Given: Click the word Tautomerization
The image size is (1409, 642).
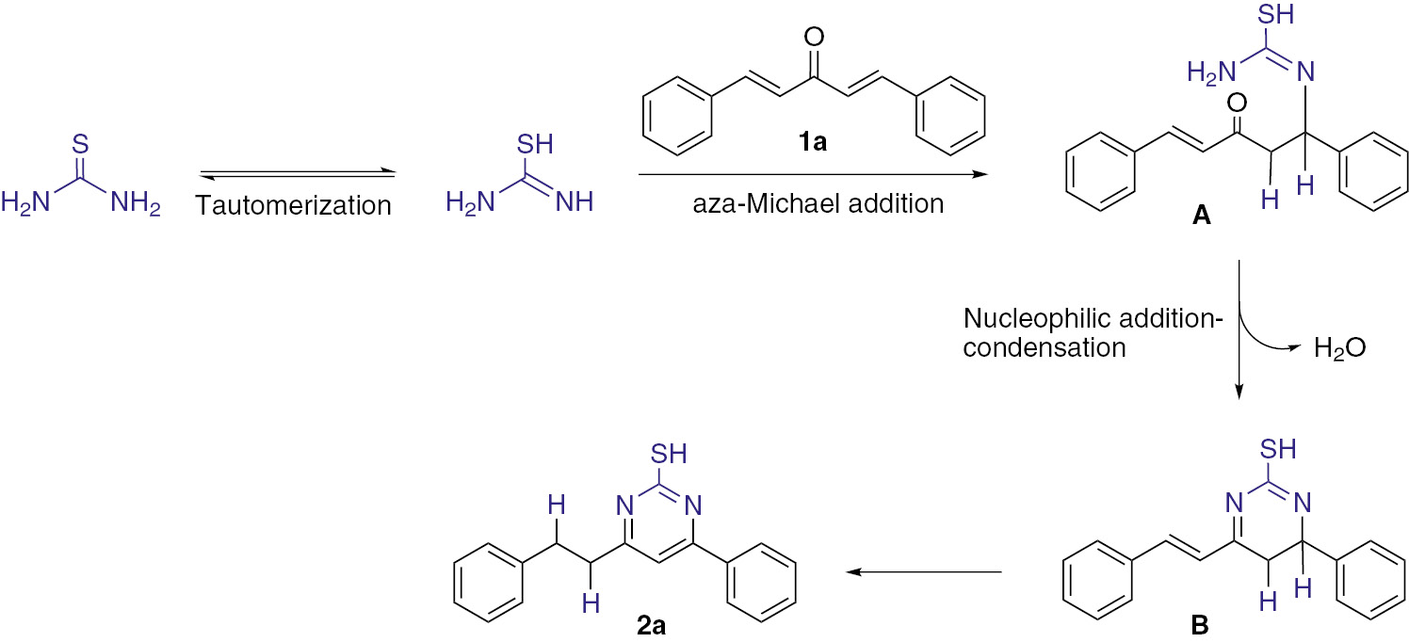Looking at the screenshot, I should tap(293, 204).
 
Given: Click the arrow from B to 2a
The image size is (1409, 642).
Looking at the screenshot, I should tap(924, 570).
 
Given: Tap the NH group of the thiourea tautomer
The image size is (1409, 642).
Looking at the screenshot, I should tap(573, 203).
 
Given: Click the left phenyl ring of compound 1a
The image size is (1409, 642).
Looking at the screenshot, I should tap(675, 118).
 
